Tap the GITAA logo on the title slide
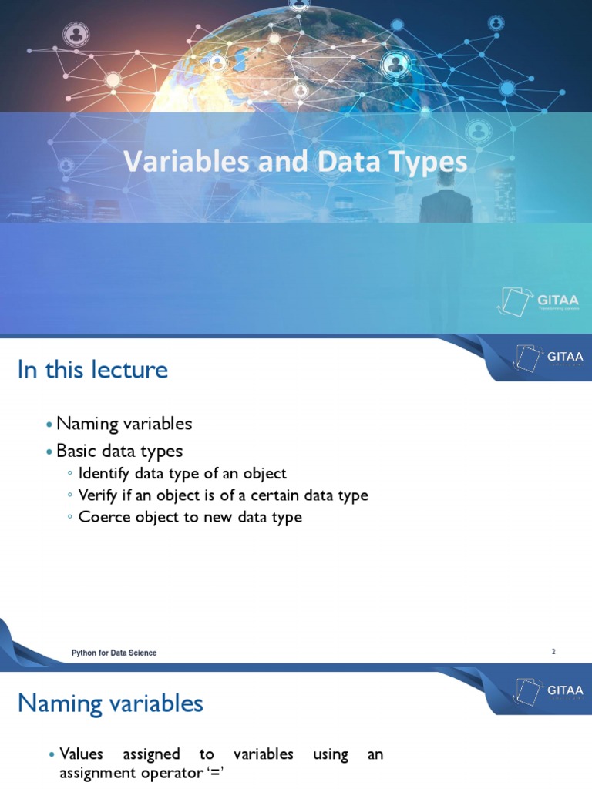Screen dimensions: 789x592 click(x=539, y=300)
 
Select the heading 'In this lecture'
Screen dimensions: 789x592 click(x=92, y=370)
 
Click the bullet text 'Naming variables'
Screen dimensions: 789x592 click(x=124, y=423)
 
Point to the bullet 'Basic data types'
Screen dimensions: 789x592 click(x=119, y=450)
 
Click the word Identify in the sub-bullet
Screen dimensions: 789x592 click(x=104, y=474)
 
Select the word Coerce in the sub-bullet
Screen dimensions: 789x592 click(x=102, y=517)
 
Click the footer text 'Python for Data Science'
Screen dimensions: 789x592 click(x=114, y=653)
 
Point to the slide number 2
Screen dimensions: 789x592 click(x=553, y=652)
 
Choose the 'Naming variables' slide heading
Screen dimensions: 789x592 click(x=110, y=703)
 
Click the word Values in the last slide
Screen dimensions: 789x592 click(x=81, y=754)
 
